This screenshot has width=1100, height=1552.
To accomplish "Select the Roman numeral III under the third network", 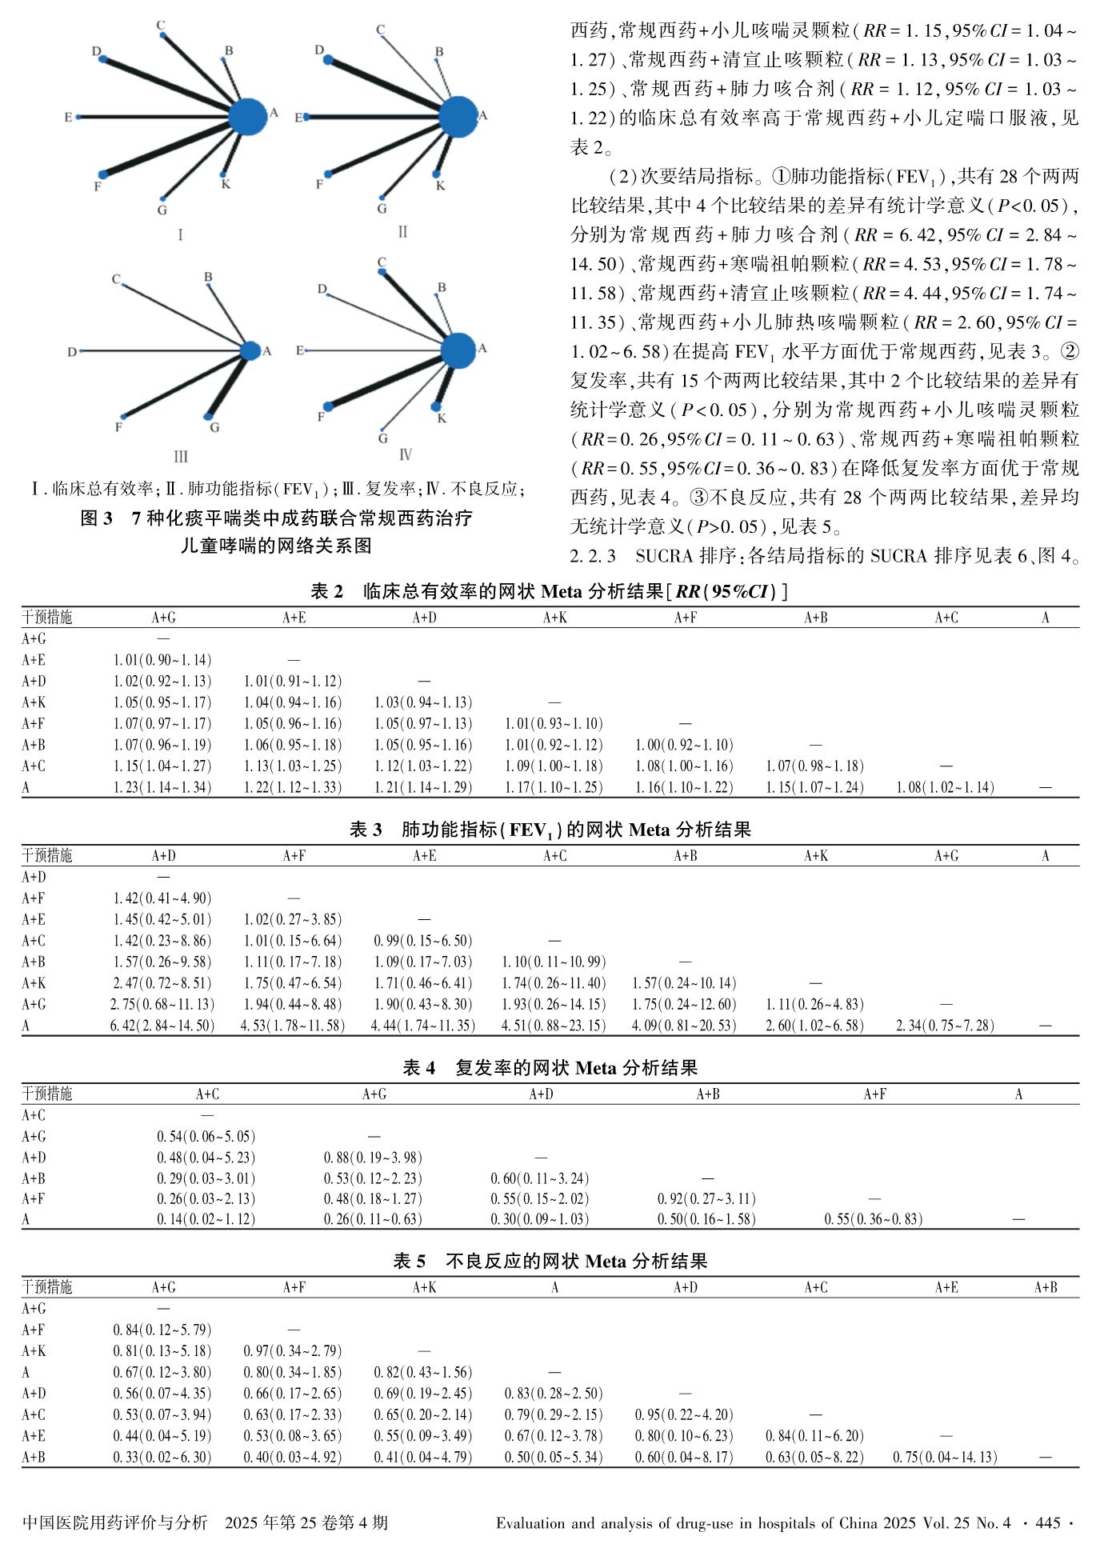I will point(181,457).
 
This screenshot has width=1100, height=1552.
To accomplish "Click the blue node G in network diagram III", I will point(209,416).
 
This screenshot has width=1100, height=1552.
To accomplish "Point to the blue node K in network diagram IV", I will point(436,406).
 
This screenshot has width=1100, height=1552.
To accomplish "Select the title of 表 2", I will point(550,591).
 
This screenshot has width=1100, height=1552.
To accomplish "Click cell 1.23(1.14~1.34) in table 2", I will point(162,787).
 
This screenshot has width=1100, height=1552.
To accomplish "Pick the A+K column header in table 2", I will point(555,618).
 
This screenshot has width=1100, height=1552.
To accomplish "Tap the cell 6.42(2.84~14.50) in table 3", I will point(162,1026).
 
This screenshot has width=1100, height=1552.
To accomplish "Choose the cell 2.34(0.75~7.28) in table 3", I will point(946,1026).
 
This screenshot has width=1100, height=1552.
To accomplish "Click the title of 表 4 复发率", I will point(550,1067).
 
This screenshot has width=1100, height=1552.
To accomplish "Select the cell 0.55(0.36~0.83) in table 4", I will point(874,1219).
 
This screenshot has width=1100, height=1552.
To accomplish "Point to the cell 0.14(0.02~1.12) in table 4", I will point(206,1219).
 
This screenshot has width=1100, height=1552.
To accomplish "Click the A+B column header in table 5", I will point(1045,1287).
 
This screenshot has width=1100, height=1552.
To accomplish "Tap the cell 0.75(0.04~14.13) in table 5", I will point(946,1457).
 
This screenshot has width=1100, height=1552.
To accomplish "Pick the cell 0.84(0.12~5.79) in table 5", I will point(162,1330).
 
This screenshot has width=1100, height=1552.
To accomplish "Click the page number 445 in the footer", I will point(1047,1522).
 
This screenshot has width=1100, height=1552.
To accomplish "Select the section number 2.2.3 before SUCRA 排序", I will point(593,555).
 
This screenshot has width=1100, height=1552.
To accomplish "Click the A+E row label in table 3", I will point(34,919).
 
